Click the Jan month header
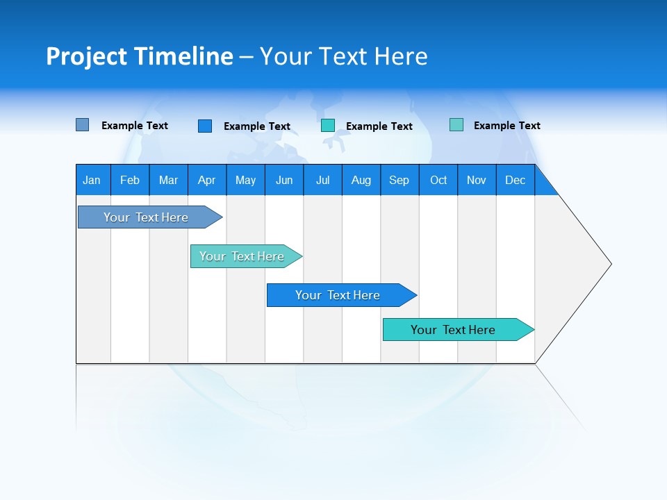tap(92, 180)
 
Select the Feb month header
tap(130, 180)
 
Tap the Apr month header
tap(207, 180)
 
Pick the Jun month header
tap(284, 180)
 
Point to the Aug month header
tap(361, 180)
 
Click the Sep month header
tap(400, 180)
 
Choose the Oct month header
tap(438, 180)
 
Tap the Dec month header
tap(516, 180)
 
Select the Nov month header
tap(477, 180)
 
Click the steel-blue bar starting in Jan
tap(146, 217)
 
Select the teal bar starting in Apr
tap(242, 256)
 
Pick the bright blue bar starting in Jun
tap(338, 295)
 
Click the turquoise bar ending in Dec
tap(453, 330)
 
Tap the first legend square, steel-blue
tap(83, 125)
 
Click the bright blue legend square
tap(205, 126)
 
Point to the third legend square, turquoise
tap(328, 126)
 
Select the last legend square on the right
tap(456, 125)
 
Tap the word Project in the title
tap(85, 56)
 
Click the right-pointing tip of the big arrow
tap(609, 264)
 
